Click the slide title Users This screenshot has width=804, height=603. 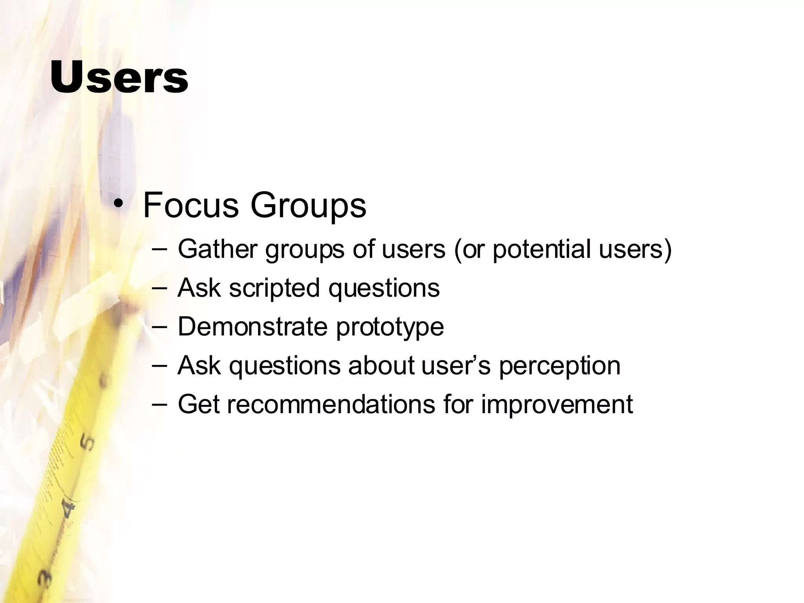[119, 77]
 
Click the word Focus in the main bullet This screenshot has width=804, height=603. [191, 205]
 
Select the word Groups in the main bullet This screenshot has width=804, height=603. [308, 205]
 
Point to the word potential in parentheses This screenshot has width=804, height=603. [541, 250]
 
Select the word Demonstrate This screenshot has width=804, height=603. [252, 326]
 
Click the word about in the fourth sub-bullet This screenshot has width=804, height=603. [381, 365]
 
